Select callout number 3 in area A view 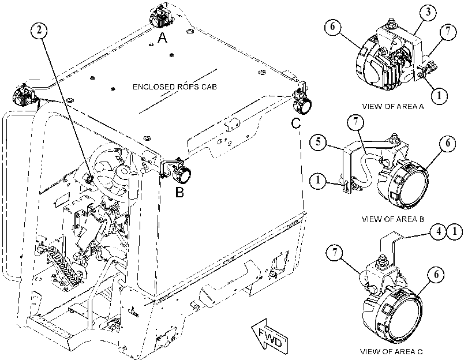pyautogui.click(x=428, y=13)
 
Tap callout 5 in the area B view pyautogui.click(x=319, y=141)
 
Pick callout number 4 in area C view pyautogui.click(x=439, y=232)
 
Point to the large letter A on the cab pyautogui.click(x=162, y=38)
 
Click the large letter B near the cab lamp pyautogui.click(x=179, y=192)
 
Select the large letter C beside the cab pyautogui.click(x=296, y=123)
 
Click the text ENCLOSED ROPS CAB pyautogui.click(x=175, y=87)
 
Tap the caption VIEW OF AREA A pyautogui.click(x=393, y=107)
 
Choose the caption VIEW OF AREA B pyautogui.click(x=393, y=219)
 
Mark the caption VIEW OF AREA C pyautogui.click(x=391, y=352)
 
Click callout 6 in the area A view pyautogui.click(x=333, y=27)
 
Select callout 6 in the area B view pyautogui.click(x=448, y=143)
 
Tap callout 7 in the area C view pyautogui.click(x=334, y=253)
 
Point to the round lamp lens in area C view pyautogui.click(x=402, y=316)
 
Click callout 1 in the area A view pyautogui.click(x=439, y=96)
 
